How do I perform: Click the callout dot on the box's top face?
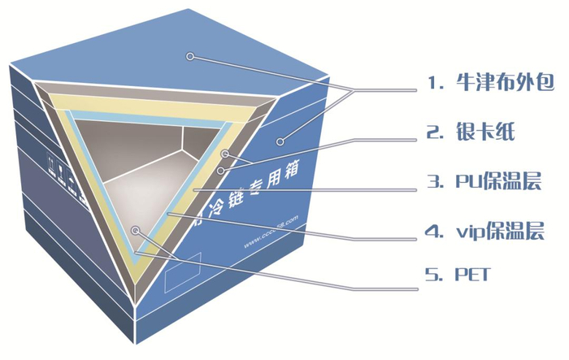click(189, 56)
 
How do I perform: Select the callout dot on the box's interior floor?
click(135, 231)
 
